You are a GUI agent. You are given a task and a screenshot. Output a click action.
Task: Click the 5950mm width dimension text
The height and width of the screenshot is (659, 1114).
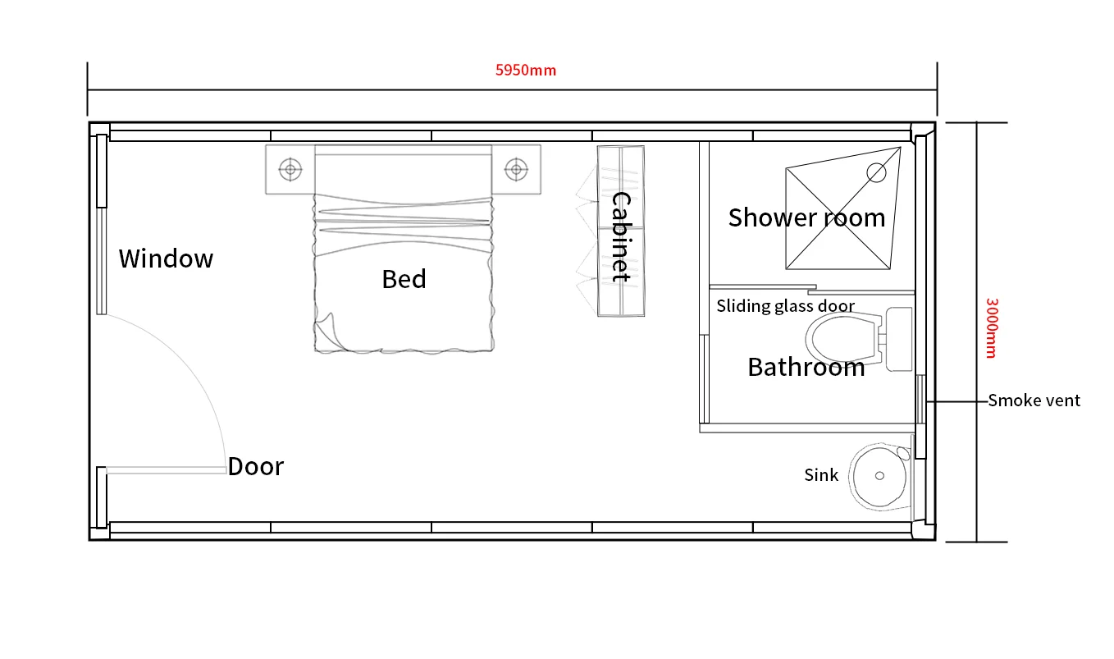[x=526, y=70]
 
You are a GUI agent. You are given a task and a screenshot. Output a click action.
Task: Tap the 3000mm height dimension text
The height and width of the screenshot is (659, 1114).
[x=992, y=328]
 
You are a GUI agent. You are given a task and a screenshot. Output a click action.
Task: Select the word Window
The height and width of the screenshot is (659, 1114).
[x=166, y=259]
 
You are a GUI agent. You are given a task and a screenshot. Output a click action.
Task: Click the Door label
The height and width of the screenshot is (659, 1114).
[x=256, y=466]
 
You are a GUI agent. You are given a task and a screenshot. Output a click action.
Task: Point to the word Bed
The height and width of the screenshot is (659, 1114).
[x=404, y=279]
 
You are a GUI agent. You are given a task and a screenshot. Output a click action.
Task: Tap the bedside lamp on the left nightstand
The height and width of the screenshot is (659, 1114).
[x=290, y=170]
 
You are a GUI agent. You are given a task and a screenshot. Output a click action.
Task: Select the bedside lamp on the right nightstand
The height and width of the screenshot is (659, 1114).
[x=516, y=170]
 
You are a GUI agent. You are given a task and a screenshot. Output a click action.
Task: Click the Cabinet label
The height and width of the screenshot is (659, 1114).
[x=621, y=236]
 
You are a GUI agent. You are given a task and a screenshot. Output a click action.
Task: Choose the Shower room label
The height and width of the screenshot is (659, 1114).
[x=806, y=217]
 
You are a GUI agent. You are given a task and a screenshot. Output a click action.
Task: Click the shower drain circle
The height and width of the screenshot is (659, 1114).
[x=876, y=173]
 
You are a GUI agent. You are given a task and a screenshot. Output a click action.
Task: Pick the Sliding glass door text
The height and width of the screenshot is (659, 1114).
[x=786, y=306]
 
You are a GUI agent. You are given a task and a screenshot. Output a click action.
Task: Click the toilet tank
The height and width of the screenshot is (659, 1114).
[x=899, y=339]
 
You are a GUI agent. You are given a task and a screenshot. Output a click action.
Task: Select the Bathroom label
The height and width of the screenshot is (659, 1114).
[x=806, y=368]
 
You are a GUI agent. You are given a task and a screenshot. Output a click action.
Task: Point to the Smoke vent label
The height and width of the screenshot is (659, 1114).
[x=1034, y=400]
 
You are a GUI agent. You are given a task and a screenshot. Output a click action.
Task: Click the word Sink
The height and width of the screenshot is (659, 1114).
[x=821, y=475]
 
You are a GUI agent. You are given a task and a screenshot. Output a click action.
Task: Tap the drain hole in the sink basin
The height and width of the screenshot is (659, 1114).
[x=879, y=476]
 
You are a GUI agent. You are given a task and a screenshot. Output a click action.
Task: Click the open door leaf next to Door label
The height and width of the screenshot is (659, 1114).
[x=166, y=470]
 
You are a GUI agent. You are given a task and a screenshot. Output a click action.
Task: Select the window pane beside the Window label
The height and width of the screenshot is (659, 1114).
[x=102, y=261]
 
